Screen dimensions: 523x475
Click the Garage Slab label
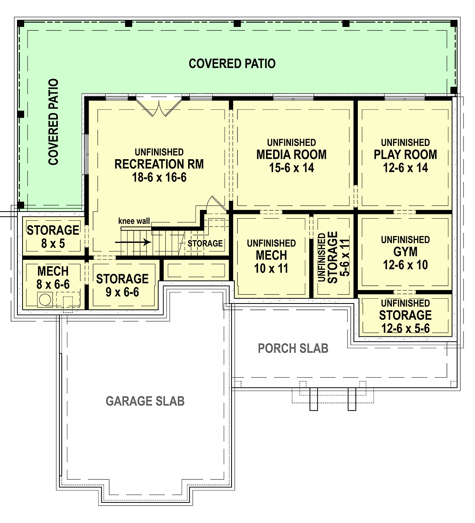tap(145, 401)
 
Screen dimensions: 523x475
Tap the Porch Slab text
tap(293, 348)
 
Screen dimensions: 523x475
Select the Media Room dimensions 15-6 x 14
tap(291, 168)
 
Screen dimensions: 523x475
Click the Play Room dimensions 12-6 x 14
tap(405, 168)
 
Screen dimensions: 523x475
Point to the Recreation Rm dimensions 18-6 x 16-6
tap(159, 177)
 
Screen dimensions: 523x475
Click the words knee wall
tap(134, 221)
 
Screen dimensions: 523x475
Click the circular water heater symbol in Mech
tap(45, 300)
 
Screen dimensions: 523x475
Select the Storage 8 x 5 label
tap(53, 237)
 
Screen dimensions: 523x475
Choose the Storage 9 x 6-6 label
tap(122, 285)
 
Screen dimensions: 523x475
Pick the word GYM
tap(405, 252)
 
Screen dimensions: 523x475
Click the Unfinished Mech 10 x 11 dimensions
tap(271, 269)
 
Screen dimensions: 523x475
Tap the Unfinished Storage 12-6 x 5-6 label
tap(405, 316)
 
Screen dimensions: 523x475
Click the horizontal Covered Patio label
tap(232, 63)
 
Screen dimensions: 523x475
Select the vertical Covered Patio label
tap(53, 122)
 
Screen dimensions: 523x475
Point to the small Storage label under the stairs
tap(205, 243)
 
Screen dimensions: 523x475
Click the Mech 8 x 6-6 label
tap(53, 277)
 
